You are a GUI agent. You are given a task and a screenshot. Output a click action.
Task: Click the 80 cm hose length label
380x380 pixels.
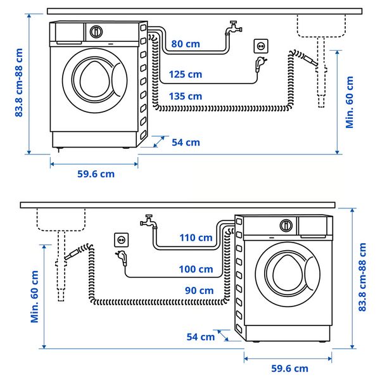186,44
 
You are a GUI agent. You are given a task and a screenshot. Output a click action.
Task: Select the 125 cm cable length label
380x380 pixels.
186,75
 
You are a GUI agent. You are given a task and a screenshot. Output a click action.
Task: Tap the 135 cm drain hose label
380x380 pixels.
186,96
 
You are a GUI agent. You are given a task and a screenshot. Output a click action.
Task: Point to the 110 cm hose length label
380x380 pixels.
196,237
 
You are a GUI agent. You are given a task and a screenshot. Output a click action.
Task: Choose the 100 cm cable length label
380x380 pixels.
196,269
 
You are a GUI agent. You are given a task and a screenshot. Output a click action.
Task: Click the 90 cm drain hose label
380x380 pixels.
199,291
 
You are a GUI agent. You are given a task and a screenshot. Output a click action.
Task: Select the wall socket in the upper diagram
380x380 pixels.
260,46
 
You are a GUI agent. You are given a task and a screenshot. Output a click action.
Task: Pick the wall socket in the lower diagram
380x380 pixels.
120,239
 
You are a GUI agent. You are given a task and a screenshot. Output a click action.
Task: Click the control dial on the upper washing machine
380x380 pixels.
96,31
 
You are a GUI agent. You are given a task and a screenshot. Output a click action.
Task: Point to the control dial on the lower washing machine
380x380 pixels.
287,225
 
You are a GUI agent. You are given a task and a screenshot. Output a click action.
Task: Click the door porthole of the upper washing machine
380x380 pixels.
95,77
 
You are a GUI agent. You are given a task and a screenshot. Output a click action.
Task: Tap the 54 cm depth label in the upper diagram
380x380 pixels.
186,142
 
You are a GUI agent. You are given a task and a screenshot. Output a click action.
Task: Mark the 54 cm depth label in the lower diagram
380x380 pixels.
201,336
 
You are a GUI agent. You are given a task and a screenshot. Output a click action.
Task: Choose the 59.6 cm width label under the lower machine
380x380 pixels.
289,368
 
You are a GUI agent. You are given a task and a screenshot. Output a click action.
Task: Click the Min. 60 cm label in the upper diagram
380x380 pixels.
350,102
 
